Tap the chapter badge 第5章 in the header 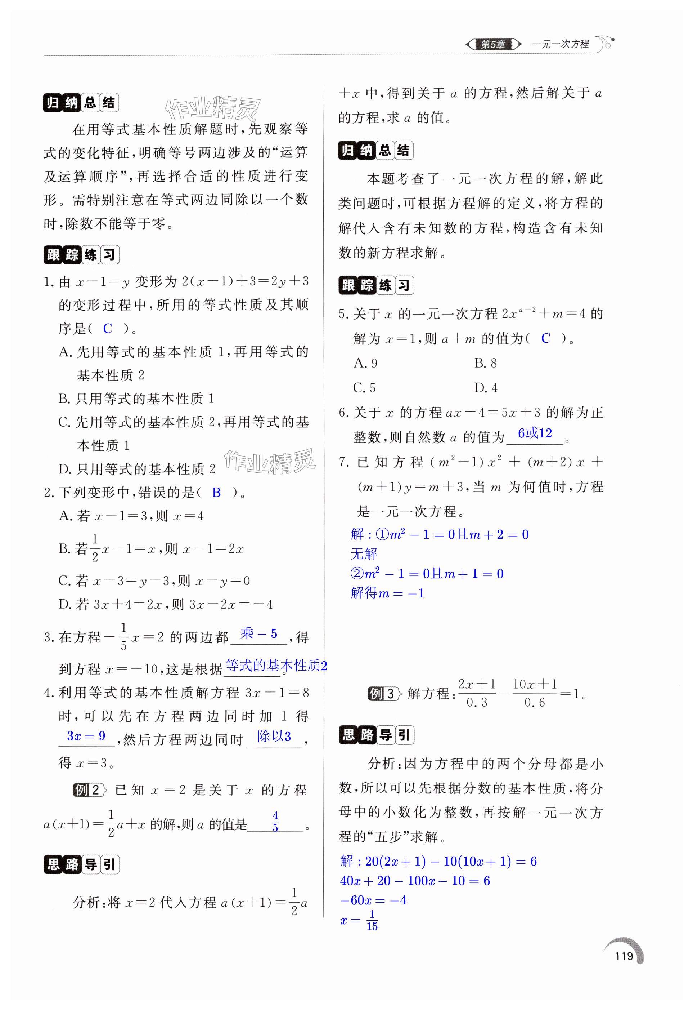coord(493,44)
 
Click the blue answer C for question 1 coord(108,329)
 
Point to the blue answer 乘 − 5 coord(259,634)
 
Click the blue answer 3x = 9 coord(86,736)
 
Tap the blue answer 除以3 coord(274,736)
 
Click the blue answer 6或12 coord(535,433)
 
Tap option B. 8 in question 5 coord(485,363)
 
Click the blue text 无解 coord(364,554)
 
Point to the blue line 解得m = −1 coord(387,593)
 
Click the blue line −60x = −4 coord(373,900)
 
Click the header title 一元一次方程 coord(560,44)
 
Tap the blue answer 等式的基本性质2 coord(276,666)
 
